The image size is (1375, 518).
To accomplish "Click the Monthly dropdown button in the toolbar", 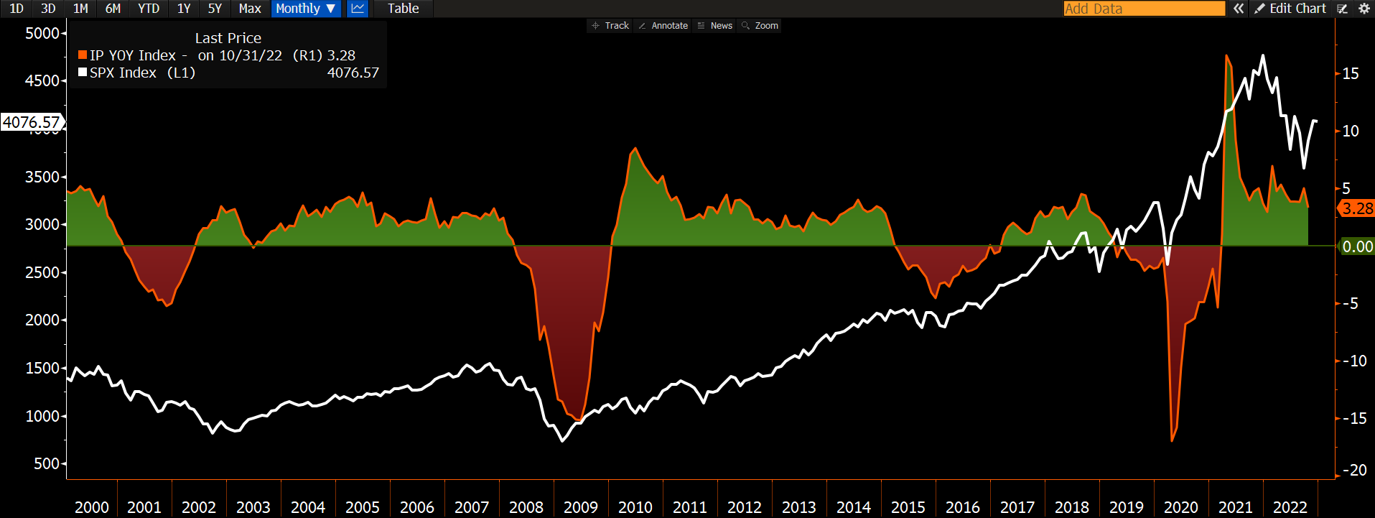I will (x=305, y=9).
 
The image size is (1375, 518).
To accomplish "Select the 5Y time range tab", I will (x=215, y=9).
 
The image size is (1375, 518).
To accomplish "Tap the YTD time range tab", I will (x=149, y=9).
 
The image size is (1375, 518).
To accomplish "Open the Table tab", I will (x=403, y=9).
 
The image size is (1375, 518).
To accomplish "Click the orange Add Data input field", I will (x=1144, y=9).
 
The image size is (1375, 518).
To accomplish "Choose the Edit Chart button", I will (x=1290, y=9).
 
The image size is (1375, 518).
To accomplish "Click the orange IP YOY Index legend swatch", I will (x=83, y=55).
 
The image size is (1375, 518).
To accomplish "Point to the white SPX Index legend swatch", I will (x=83, y=73).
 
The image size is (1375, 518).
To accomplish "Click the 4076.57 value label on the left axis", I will (x=32, y=122).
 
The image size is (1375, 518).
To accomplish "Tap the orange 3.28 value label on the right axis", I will (x=1357, y=209).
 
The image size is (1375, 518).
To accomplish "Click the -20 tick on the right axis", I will (x=1354, y=471).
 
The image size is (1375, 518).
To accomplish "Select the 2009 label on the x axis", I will (x=580, y=507).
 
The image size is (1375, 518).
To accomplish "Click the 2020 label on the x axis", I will (x=1180, y=507).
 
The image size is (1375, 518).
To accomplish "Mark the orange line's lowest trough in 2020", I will (x=1172, y=440).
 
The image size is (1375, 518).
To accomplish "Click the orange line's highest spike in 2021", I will (x=1226, y=56).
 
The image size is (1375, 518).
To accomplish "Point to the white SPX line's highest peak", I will (x=1263, y=56).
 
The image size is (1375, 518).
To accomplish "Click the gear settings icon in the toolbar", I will (x=1364, y=9).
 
